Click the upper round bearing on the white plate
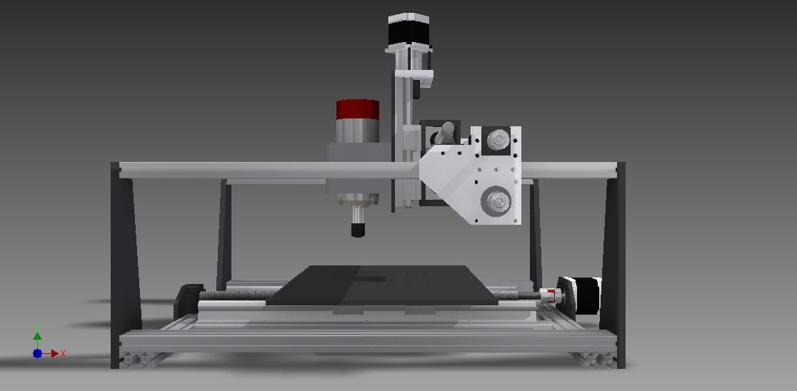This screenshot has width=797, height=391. [495, 138]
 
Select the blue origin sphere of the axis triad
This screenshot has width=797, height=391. [37, 353]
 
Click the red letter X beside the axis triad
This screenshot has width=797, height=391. [64, 353]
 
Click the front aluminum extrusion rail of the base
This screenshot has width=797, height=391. [364, 342]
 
